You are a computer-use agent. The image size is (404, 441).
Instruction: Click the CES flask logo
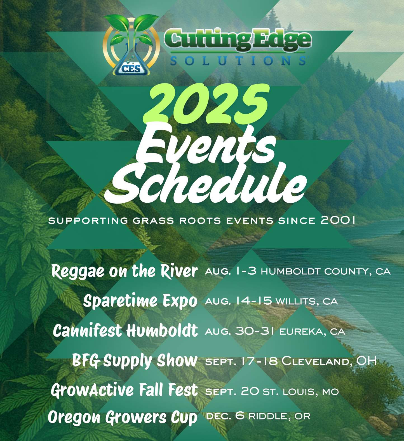(131, 46)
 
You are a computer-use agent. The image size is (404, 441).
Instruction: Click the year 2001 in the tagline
(338, 220)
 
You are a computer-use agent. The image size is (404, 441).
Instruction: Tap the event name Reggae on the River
(125, 271)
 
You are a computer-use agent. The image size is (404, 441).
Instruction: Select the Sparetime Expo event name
(140, 301)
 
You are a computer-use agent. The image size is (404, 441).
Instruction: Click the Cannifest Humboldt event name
(125, 331)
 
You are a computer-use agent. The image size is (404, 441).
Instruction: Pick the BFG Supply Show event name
(135, 360)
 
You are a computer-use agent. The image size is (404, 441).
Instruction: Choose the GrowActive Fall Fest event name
(124, 390)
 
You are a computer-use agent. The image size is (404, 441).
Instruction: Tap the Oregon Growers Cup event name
(123, 417)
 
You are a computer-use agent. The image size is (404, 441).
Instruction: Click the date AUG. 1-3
(231, 271)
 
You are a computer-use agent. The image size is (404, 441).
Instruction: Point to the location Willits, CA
(307, 301)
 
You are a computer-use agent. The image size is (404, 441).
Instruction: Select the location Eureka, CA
(312, 332)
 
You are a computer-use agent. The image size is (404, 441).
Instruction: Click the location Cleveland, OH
(329, 361)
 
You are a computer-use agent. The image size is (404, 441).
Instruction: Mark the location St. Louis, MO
(300, 391)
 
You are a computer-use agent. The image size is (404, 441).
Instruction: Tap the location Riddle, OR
(279, 416)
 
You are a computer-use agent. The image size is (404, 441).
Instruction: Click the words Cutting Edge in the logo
(238, 40)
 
